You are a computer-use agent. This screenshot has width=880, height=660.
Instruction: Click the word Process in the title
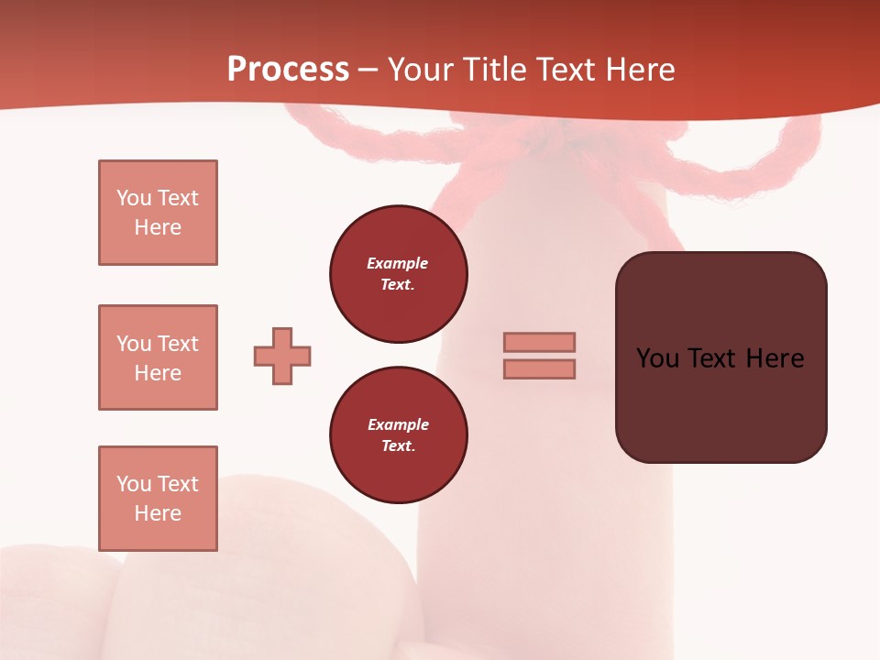[288, 70]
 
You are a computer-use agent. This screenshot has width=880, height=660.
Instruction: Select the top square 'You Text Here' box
[158, 213]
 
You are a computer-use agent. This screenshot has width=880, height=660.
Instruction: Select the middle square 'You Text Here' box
[158, 357]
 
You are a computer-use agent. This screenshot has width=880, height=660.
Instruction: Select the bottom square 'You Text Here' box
[158, 499]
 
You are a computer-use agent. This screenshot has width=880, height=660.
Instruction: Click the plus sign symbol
[282, 356]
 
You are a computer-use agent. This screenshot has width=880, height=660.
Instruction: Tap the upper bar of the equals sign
[539, 342]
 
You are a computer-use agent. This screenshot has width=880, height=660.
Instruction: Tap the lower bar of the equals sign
[539, 368]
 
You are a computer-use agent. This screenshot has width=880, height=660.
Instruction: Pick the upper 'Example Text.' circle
[398, 273]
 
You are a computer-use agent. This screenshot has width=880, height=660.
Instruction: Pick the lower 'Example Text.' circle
[398, 434]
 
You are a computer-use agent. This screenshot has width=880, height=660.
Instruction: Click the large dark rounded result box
[720, 357]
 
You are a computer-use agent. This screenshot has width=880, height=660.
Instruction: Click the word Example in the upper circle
[398, 263]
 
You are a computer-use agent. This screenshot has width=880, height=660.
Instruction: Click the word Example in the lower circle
[398, 424]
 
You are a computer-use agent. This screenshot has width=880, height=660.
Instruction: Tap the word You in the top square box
[134, 198]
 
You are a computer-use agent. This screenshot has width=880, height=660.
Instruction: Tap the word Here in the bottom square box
[158, 513]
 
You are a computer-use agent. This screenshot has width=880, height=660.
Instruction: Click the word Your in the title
[419, 70]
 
